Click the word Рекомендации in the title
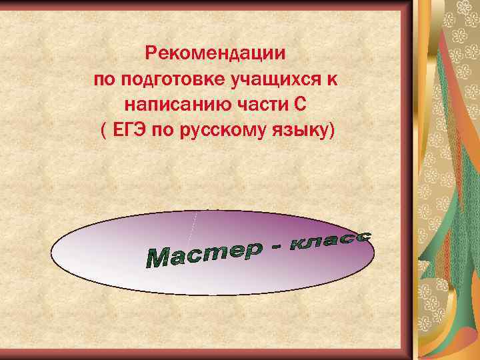coord(217,51)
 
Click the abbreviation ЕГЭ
coord(127,131)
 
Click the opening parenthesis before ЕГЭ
coord(103,131)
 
